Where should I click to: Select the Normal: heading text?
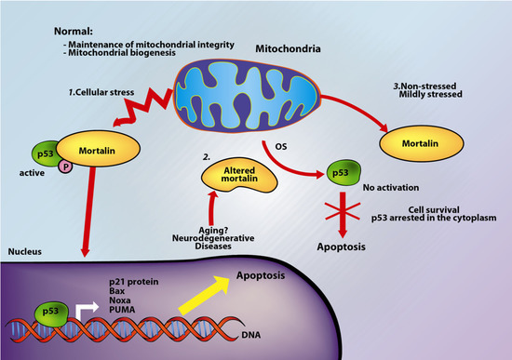[x=76, y=32]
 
